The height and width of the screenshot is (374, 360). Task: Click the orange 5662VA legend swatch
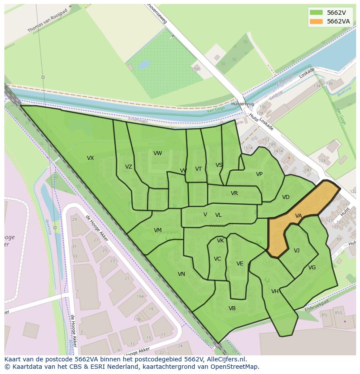coord(317,21)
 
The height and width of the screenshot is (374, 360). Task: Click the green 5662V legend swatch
coord(317,13)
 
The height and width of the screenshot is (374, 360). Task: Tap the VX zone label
coord(90,158)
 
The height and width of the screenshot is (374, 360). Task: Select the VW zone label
coord(158,153)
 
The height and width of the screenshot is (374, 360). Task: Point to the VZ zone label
coord(129,167)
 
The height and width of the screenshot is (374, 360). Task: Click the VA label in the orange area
coord(299,216)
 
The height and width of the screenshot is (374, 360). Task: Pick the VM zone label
coord(158,230)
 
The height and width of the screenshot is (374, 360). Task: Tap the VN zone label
coord(181,274)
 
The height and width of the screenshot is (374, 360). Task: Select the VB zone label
coord(232,308)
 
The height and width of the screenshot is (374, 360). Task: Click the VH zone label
coord(275,291)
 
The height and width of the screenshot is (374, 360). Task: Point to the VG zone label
coord(312,268)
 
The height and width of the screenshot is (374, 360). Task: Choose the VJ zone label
coord(297,251)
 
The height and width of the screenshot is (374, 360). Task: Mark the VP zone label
coord(259,174)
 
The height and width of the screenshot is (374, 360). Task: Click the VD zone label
coord(286,197)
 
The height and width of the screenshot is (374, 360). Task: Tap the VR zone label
coord(234,193)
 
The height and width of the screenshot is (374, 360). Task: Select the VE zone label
coord(240,264)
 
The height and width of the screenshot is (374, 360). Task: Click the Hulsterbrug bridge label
coord(243,104)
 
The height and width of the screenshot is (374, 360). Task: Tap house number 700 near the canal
coord(197,69)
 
